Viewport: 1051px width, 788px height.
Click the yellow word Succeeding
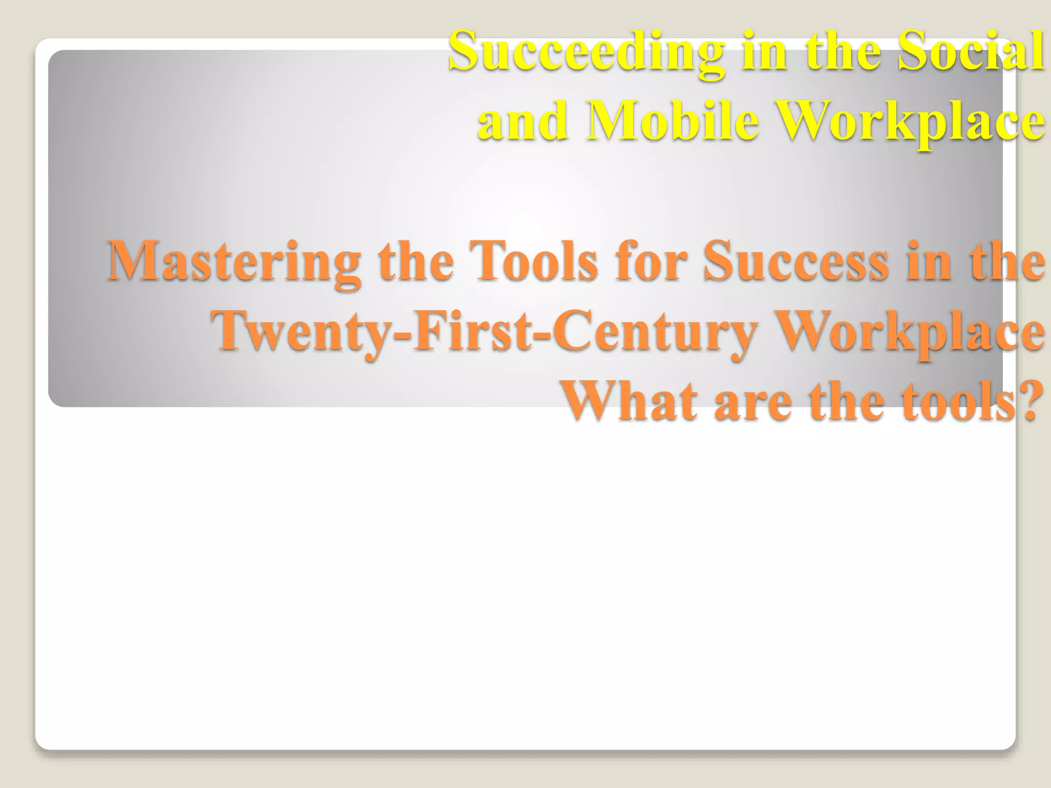pyautogui.click(x=586, y=52)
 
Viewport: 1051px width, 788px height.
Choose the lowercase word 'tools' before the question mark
pyautogui.click(x=954, y=400)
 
